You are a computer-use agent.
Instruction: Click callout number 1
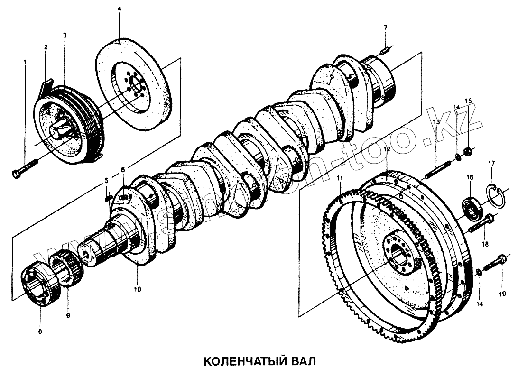coord(25,62)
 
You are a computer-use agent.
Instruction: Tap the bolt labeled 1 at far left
coord(26,169)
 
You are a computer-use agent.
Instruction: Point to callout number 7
coord(385,28)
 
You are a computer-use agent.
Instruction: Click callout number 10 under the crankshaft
coord(137,288)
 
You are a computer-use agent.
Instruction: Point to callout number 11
coord(340,178)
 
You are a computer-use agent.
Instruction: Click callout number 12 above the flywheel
coord(387,149)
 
